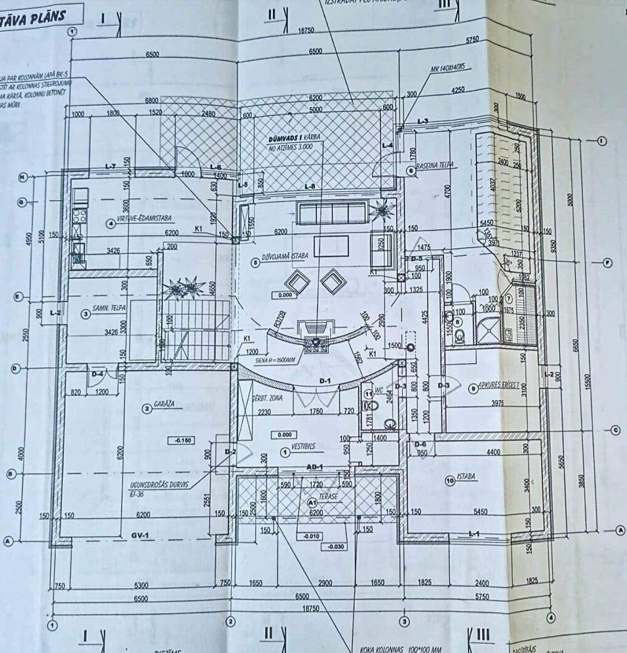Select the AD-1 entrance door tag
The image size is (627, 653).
315,466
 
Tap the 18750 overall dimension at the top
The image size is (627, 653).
306,30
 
